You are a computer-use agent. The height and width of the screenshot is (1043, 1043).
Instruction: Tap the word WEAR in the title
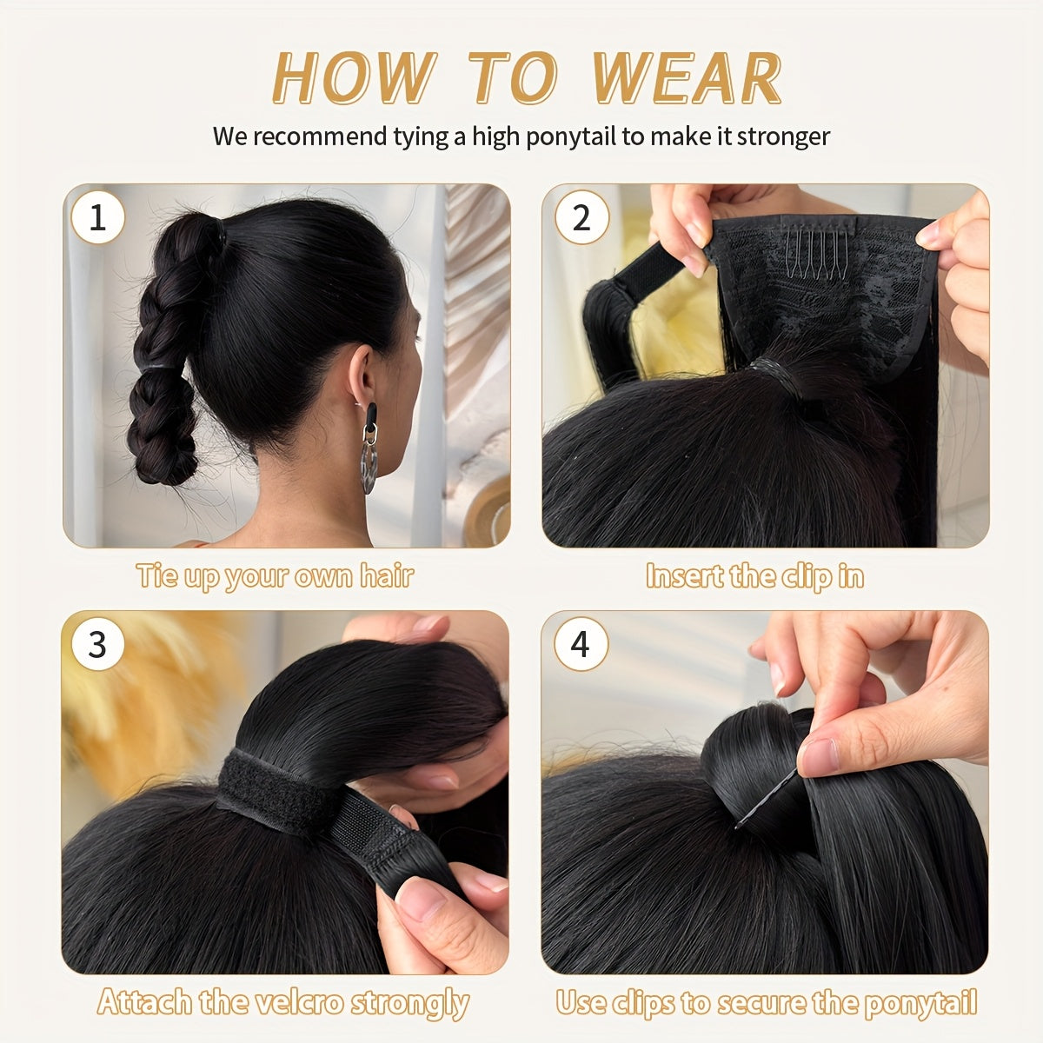point(686,79)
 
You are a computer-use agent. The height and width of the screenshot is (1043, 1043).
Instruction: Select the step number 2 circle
point(580,217)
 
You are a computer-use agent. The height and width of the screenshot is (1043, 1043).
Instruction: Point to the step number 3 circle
point(97,645)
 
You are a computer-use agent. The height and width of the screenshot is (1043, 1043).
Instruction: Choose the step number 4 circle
point(580,645)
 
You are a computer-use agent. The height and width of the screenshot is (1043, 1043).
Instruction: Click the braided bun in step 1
point(165,348)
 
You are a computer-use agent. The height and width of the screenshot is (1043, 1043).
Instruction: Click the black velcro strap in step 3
point(269,791)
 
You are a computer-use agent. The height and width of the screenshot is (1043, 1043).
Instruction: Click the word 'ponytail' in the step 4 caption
point(924,1002)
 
